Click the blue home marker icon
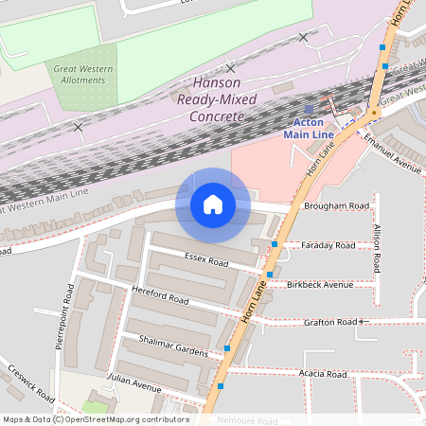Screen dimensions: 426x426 point(213,204)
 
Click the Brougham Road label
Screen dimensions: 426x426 point(336,205)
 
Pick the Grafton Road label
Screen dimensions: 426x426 point(330,323)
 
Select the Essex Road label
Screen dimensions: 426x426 point(206,258)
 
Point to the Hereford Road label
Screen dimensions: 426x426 point(162,299)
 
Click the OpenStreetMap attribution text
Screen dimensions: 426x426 point(96,418)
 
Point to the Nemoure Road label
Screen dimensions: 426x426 point(247,419)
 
